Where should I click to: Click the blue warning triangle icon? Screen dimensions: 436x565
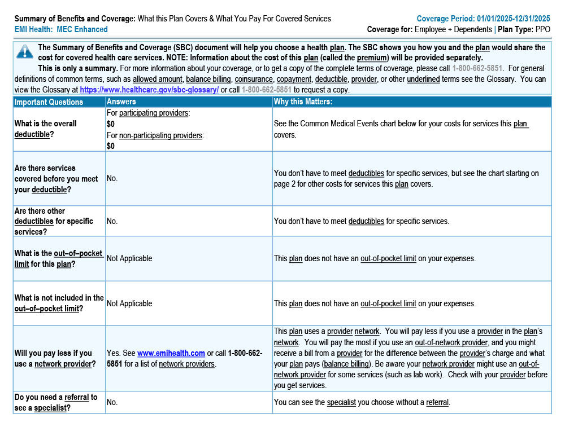25,52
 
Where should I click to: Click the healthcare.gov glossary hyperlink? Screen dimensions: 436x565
149,90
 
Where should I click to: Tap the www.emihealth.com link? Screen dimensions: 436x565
171,354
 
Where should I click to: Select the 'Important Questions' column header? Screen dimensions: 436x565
49,102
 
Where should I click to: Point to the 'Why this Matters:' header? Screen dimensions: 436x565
303,102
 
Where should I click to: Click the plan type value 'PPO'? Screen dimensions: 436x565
542,29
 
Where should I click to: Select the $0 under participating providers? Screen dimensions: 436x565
110,124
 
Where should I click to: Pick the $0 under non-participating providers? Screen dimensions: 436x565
110,146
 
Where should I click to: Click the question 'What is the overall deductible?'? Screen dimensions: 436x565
46,129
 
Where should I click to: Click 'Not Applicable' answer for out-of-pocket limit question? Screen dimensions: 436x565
129,258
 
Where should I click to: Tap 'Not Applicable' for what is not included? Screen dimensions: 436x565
129,303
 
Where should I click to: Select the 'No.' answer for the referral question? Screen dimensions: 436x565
112,402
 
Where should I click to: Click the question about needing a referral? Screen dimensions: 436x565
56,402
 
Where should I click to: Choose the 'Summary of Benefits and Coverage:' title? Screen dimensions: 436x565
75,19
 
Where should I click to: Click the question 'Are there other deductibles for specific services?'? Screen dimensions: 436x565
54,221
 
